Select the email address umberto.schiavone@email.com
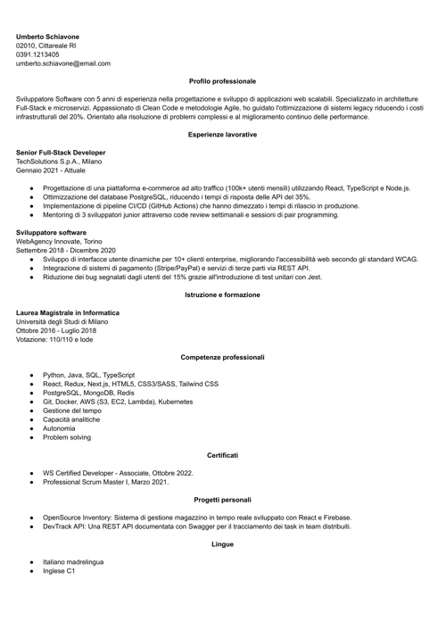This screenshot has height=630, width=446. pos(63,63)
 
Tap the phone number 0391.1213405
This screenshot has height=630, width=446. pos(38,54)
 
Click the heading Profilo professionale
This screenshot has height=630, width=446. pos(222,81)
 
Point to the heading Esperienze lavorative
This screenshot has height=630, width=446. pos(222,135)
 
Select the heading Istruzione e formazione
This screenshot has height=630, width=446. pos(222,294)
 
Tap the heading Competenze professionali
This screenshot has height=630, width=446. pos(222,357)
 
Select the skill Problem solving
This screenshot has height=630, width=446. pos(66,437)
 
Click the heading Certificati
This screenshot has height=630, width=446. pos(222,455)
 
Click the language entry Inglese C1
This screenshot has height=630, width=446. pos(59,570)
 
